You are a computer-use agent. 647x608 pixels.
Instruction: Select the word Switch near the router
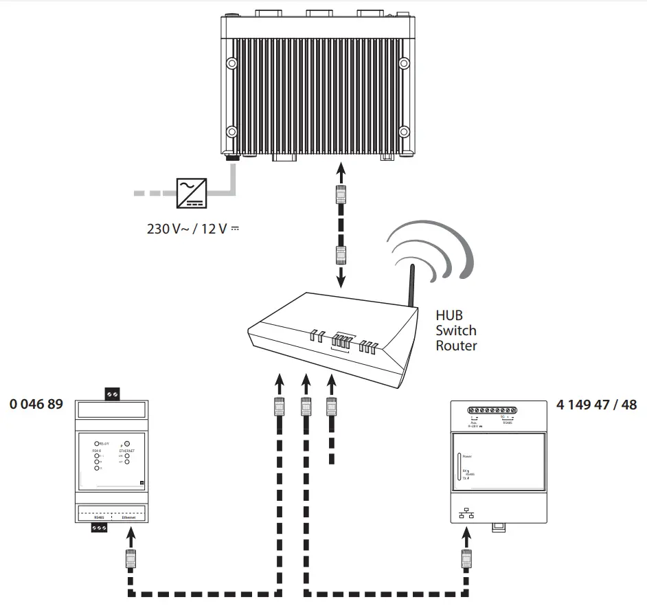coord(456,330)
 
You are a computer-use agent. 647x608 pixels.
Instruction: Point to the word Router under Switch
coord(456,346)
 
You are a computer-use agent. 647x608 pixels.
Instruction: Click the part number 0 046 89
coord(36,404)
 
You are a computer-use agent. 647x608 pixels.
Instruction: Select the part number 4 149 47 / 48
coord(596,404)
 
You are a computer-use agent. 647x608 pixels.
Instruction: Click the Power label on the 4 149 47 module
coord(467,456)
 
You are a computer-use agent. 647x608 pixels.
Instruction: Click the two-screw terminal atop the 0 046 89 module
coord(111,394)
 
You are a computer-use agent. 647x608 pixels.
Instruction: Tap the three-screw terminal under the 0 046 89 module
coord(100,528)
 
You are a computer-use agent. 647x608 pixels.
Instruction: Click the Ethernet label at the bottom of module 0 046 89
coord(129,517)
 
